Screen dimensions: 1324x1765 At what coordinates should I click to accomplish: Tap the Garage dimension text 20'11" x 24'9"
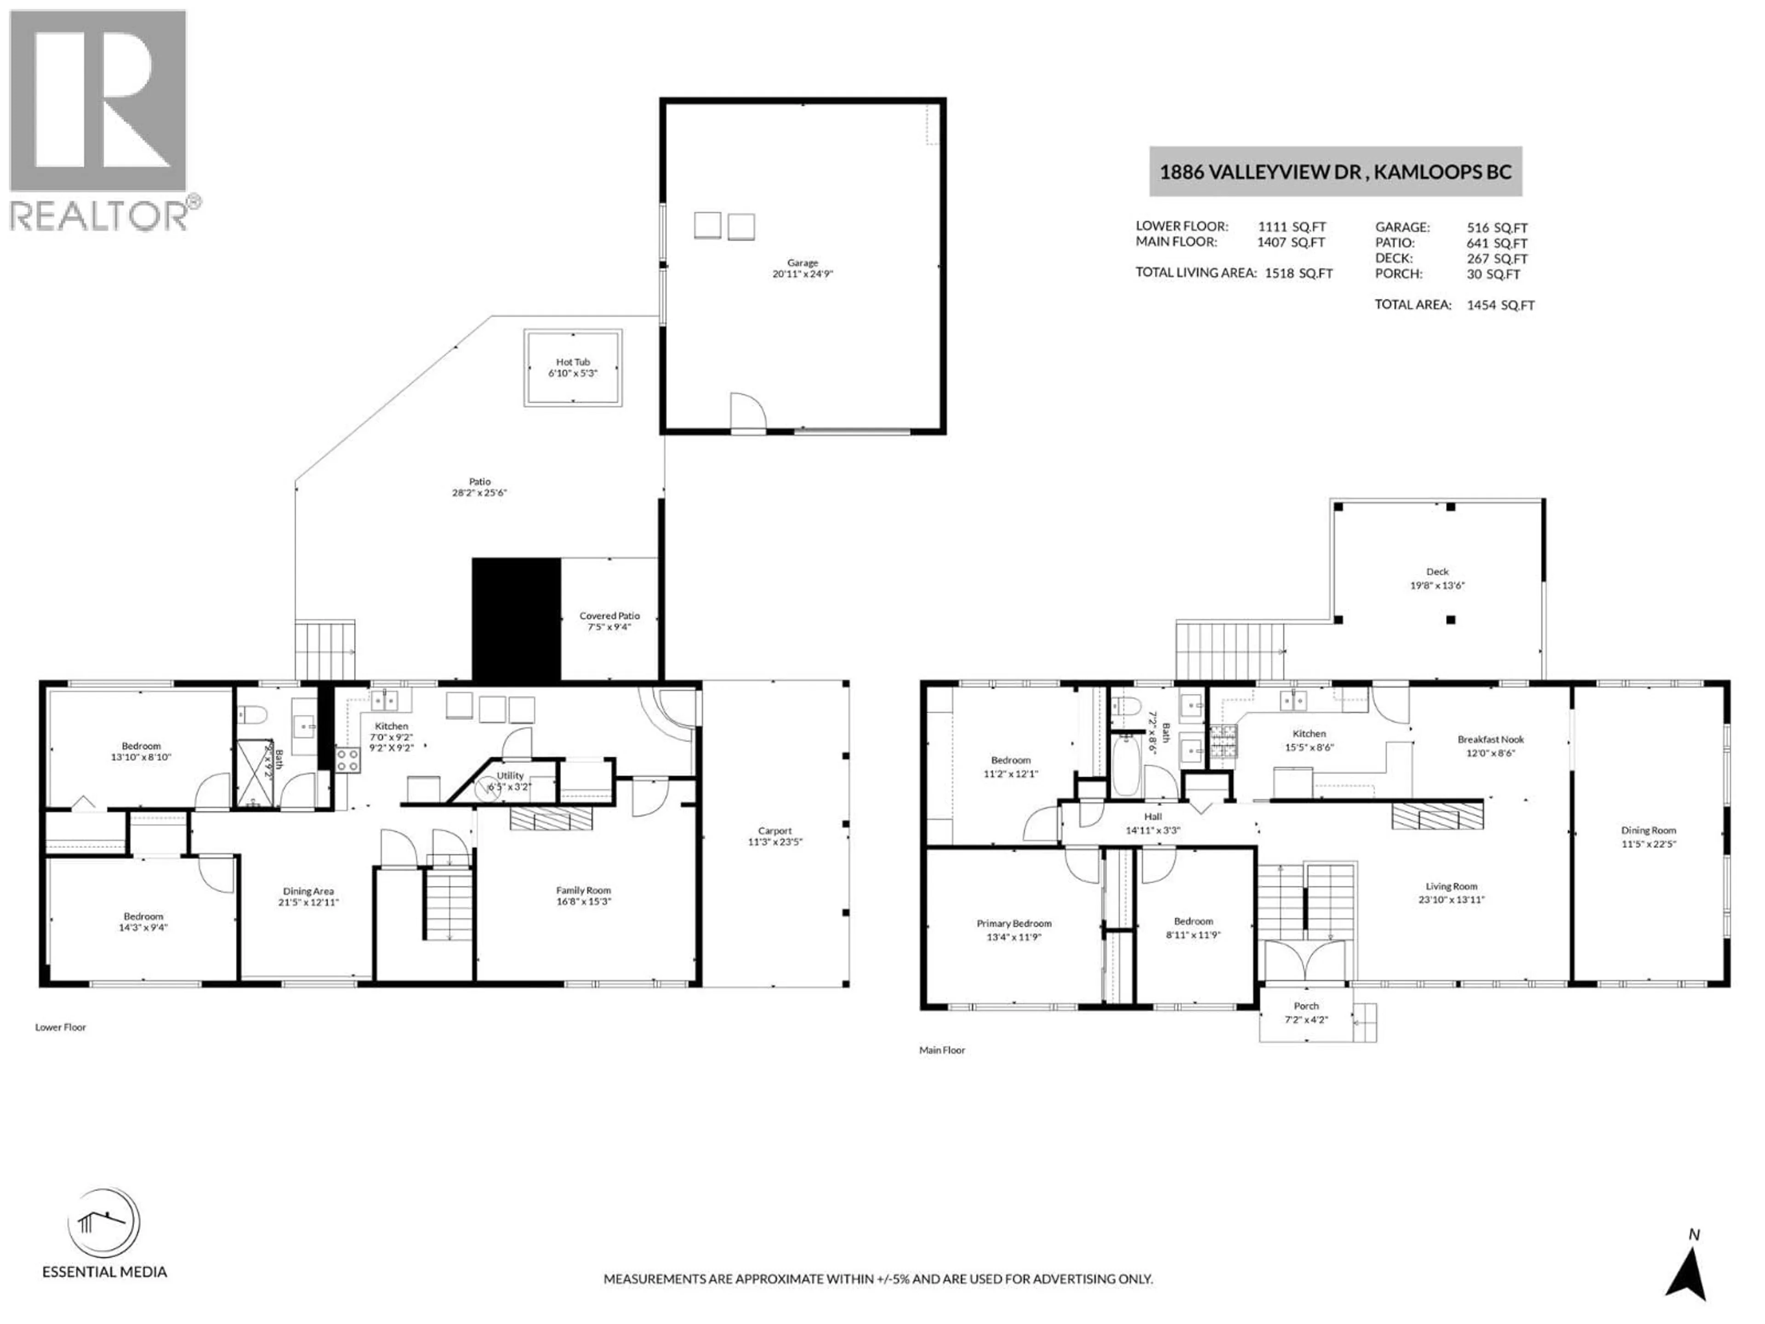pyautogui.click(x=802, y=274)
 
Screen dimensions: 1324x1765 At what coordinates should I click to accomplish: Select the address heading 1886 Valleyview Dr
pyautogui.click(x=1335, y=171)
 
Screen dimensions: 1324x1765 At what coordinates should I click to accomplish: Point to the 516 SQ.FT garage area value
pyautogui.click(x=1497, y=228)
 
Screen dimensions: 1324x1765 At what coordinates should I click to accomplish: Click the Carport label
pyautogui.click(x=775, y=831)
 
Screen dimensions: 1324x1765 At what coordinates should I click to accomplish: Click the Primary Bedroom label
pyautogui.click(x=1013, y=924)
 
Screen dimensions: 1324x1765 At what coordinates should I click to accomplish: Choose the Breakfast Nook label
pyautogui.click(x=1491, y=740)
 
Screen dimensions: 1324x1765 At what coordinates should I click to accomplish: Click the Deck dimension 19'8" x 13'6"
pyautogui.click(x=1437, y=585)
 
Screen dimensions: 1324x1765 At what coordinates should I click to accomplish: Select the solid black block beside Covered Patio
pyautogui.click(x=516, y=619)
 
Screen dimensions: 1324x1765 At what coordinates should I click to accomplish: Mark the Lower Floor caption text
pyautogui.click(x=61, y=1027)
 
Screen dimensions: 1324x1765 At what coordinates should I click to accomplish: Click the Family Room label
pyautogui.click(x=583, y=890)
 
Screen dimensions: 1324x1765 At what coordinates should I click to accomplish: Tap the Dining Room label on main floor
pyautogui.click(x=1649, y=831)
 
